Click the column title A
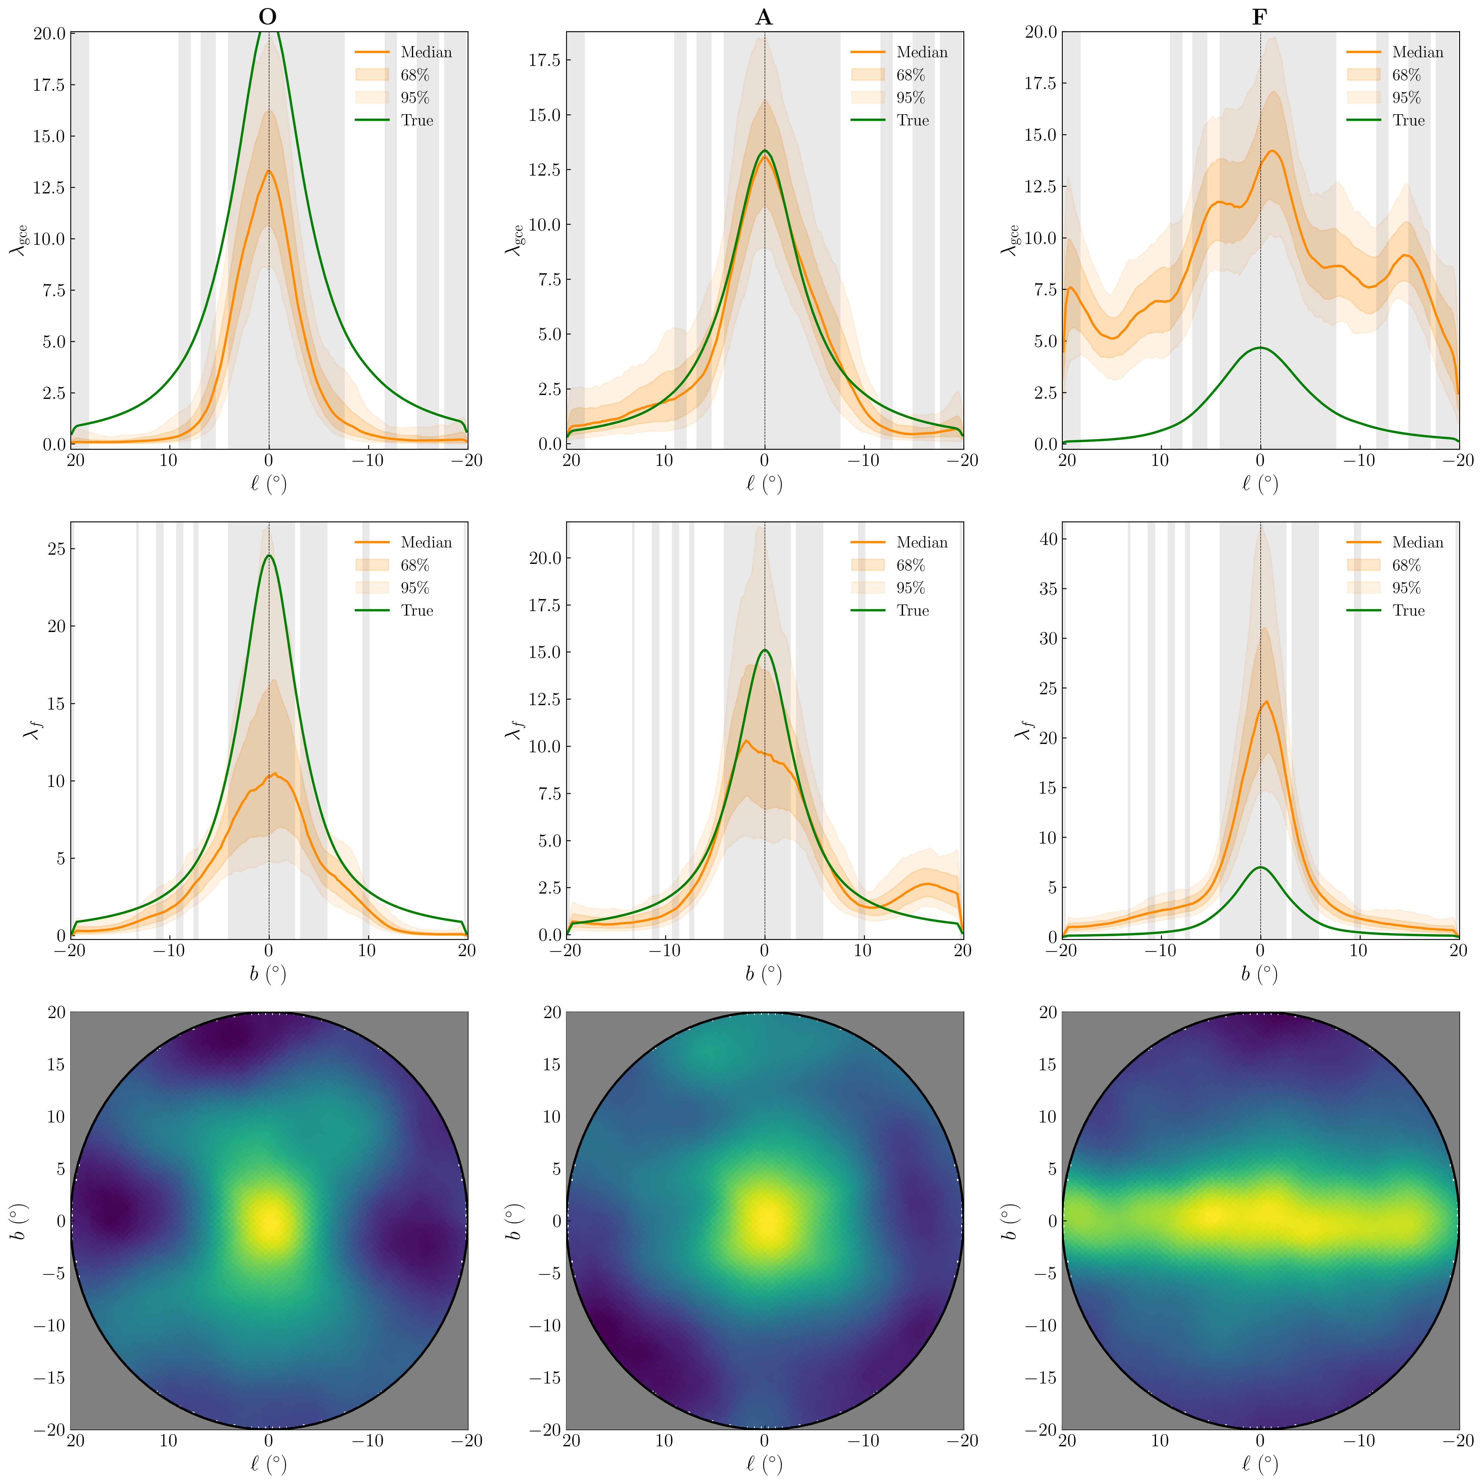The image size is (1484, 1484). (x=763, y=17)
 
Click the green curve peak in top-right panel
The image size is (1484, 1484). (x=1260, y=348)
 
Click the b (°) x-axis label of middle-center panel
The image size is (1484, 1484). (x=763, y=974)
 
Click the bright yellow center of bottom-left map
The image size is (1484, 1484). (x=268, y=1221)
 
